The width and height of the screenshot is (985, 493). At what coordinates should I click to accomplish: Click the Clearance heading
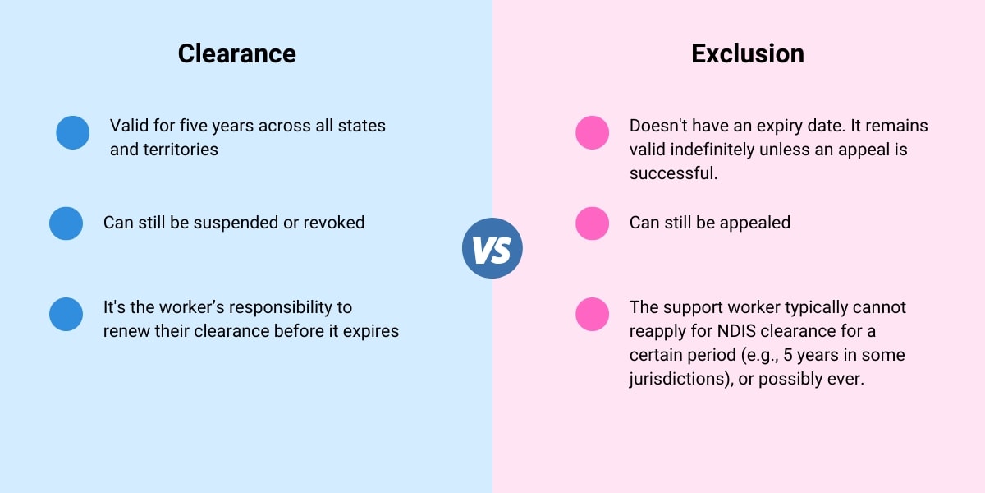click(236, 53)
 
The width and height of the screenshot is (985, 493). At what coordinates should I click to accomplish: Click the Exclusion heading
click(747, 53)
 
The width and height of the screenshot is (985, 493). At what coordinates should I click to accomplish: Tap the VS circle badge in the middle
click(492, 248)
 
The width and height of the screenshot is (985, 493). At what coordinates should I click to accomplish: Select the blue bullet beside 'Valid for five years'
click(73, 132)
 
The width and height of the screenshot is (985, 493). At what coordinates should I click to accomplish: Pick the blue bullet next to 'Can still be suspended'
click(66, 223)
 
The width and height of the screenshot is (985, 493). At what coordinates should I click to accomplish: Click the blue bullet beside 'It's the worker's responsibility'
click(66, 314)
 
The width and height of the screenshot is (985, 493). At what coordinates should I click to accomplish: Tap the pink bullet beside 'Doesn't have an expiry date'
click(593, 132)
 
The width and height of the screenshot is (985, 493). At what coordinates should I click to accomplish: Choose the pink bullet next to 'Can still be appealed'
click(593, 223)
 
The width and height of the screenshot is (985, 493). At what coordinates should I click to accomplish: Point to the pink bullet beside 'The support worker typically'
click(593, 314)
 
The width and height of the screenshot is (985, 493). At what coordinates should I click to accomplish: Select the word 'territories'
click(178, 150)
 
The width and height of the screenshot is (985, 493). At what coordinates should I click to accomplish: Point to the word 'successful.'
click(674, 174)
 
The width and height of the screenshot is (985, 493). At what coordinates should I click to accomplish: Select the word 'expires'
click(372, 332)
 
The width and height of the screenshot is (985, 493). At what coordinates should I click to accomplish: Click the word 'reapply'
click(659, 332)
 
